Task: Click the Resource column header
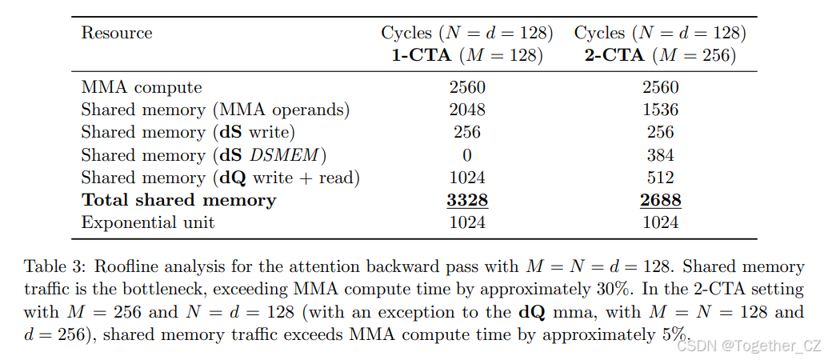(x=117, y=33)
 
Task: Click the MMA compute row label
(x=142, y=87)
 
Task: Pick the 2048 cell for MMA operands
(x=467, y=110)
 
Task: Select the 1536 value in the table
(x=661, y=110)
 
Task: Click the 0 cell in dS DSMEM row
(x=467, y=155)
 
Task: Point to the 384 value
(x=661, y=155)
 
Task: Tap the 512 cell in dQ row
(x=661, y=178)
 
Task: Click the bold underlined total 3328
(x=467, y=200)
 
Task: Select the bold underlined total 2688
(x=661, y=200)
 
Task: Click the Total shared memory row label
(x=178, y=200)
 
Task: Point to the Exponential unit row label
(x=148, y=222)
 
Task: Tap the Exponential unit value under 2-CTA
(x=661, y=223)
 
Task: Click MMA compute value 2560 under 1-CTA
(x=467, y=86)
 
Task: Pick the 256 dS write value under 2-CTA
(x=661, y=132)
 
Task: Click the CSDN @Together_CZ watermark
(x=748, y=346)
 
